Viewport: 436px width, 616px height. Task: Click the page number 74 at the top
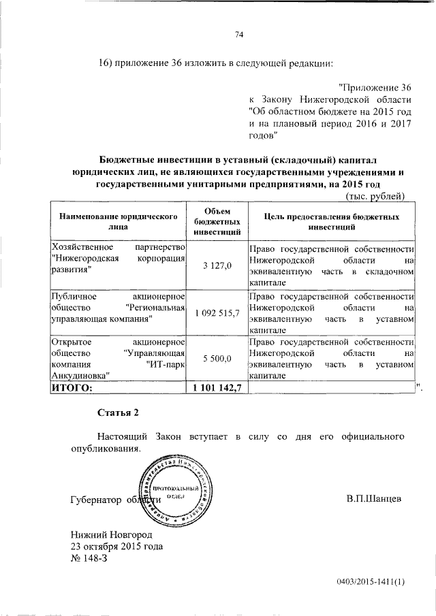coord(239,35)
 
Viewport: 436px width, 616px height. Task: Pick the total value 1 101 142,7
coord(217,387)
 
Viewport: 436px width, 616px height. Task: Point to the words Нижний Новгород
coord(110,534)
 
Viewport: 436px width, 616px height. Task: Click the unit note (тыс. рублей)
coord(376,197)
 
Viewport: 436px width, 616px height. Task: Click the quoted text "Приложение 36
coord(375,88)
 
